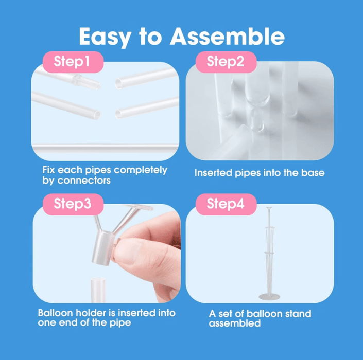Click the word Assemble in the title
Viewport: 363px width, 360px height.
click(227, 37)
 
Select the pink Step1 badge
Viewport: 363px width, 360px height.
click(73, 62)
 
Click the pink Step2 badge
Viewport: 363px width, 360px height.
click(226, 62)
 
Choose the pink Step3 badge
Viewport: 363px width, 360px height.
click(73, 204)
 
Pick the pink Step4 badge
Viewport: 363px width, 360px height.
click(226, 204)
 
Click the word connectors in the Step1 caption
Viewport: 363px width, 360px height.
click(84, 181)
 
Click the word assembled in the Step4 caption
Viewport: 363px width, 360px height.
click(234, 323)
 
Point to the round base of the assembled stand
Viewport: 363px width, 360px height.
click(269, 296)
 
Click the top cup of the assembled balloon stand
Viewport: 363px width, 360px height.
click(269, 208)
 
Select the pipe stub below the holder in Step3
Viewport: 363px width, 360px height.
click(98, 290)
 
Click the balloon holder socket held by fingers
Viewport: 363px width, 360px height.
click(103, 248)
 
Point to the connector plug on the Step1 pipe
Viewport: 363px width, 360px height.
click(87, 82)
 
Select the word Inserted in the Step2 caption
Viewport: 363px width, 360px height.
click(213, 173)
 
